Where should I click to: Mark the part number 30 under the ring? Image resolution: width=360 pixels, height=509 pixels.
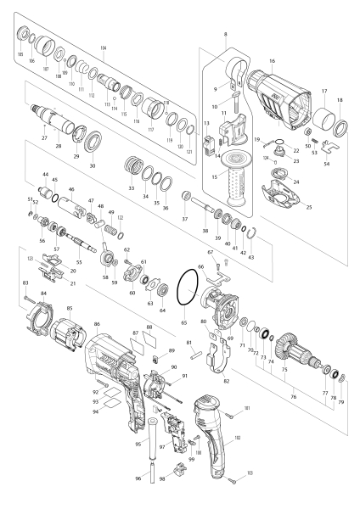tap(93, 166)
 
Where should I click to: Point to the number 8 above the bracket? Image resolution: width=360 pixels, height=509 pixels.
tap(225, 33)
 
